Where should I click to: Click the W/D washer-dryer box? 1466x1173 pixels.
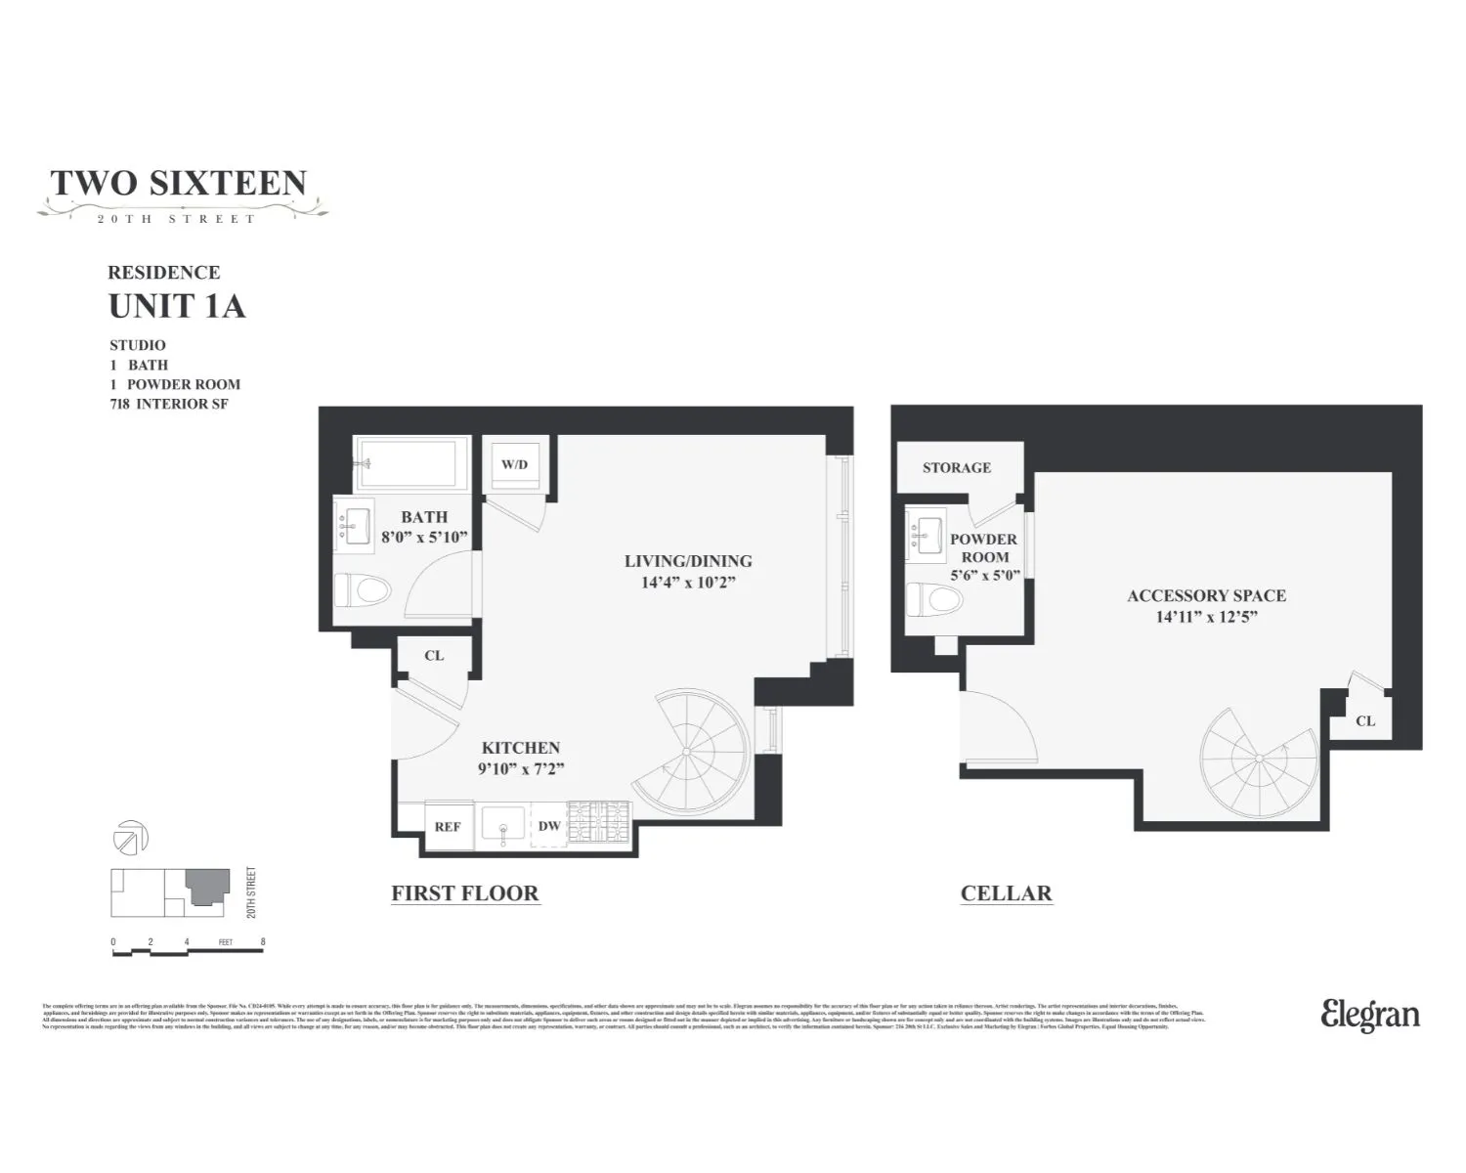click(514, 464)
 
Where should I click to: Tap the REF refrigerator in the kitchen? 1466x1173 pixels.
click(448, 826)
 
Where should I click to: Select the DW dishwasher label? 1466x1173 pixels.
click(549, 825)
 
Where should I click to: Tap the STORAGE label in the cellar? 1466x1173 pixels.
click(956, 467)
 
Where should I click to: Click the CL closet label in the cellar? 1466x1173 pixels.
click(1365, 720)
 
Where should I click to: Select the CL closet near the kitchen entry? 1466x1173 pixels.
click(434, 655)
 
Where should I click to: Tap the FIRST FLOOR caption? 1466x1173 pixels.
click(464, 892)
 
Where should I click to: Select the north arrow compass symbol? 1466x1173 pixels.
click(132, 838)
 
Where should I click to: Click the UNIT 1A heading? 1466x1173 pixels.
click(177, 306)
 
